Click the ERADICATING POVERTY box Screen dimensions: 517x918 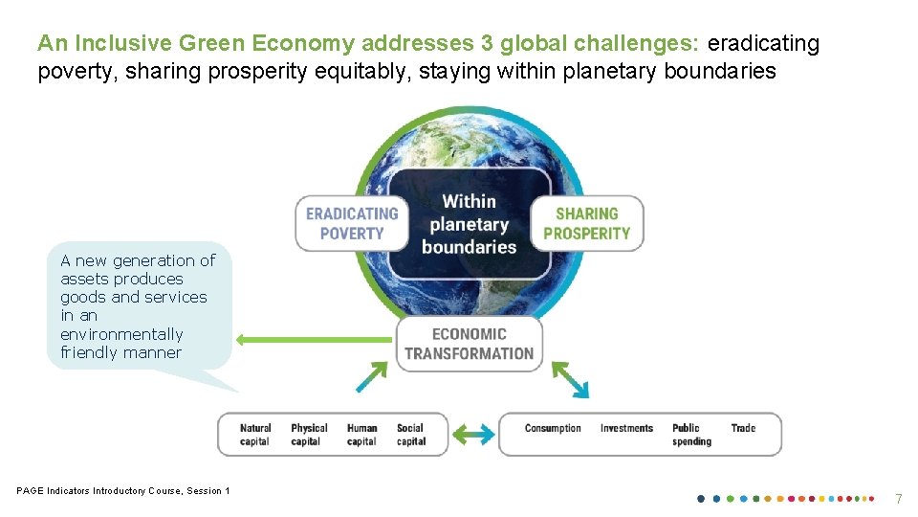coord(351,223)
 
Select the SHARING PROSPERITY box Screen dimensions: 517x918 coord(587,223)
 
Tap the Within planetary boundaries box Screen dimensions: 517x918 coord(469,224)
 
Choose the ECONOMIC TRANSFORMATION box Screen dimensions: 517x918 coord(469,344)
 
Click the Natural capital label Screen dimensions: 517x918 coord(255,435)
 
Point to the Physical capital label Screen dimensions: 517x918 coord(309,435)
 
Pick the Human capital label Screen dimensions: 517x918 coord(361,435)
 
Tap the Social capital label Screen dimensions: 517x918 coord(410,435)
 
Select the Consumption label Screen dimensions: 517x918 coord(553,428)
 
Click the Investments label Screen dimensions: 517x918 coord(626,428)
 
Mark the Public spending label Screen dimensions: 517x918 coord(691,435)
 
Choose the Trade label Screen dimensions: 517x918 coord(743,428)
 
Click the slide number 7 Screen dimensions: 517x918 coord(898,499)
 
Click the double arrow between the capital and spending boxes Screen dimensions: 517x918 coord(473,434)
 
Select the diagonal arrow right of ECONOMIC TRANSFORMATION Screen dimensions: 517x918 coord(571,379)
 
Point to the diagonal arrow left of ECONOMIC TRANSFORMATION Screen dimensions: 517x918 coord(373,376)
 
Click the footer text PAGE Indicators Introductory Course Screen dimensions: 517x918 coord(123,491)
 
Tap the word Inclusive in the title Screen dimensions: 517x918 coord(116,43)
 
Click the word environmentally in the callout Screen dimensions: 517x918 coord(121,334)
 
